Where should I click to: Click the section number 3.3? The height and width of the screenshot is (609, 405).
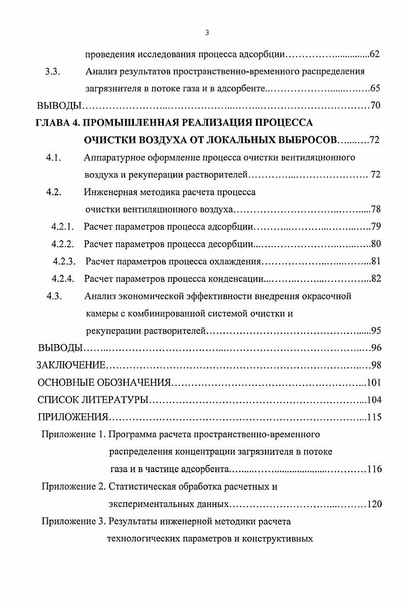coord(52,71)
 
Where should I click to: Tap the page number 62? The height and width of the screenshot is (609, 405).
coord(375,54)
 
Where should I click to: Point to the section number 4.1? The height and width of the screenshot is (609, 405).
coord(53,158)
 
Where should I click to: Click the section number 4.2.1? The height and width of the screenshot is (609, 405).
coord(63,227)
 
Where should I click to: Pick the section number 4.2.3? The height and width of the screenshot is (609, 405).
coord(64,262)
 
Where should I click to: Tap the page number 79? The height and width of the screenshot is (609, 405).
coord(376,227)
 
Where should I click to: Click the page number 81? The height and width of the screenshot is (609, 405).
coord(376,262)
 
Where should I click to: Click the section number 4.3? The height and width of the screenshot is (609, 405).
coord(53,296)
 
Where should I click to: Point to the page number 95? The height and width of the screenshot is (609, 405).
coord(376,331)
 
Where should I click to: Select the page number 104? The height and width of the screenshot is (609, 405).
coord(374,400)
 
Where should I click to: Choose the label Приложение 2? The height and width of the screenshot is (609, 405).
coord(73,487)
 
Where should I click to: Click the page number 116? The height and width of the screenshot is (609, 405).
coord(374,469)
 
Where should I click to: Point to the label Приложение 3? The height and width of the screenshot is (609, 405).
coord(73,521)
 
